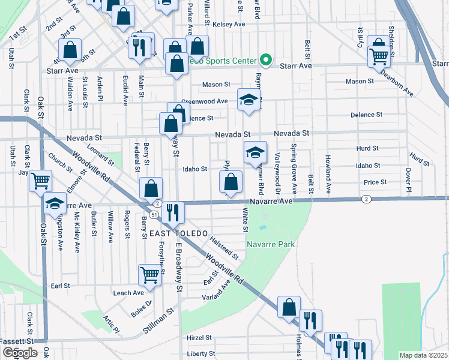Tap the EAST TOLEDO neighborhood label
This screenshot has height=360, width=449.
tap(178, 233)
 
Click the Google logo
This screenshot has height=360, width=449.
tap(19, 353)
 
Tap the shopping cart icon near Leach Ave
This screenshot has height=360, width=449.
tap(150, 275)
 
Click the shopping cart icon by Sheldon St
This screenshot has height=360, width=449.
tap(379, 56)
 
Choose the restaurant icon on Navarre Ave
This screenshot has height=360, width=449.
tap(172, 212)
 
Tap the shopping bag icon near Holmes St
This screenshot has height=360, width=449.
tap(289, 307)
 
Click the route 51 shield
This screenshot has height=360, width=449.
tap(155, 214)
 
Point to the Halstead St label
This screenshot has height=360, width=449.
tap(225, 247)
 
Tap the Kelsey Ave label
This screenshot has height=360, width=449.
tap(232, 24)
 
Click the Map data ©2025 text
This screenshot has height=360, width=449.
tap(423, 355)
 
